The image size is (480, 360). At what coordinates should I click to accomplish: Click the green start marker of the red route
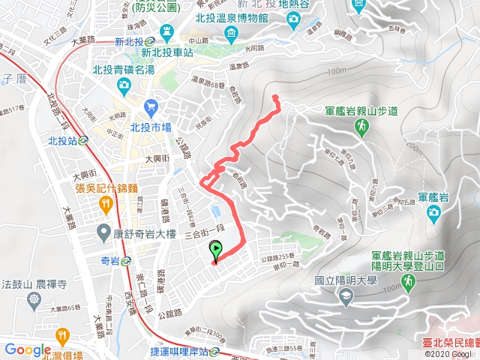(x=216, y=250)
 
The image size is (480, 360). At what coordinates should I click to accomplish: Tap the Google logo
(x=27, y=349)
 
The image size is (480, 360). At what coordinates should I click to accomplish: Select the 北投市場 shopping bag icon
(x=150, y=107)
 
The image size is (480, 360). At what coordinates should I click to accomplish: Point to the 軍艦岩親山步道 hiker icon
(x=361, y=129)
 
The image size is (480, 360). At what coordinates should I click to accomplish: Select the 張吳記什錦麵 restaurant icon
(x=105, y=204)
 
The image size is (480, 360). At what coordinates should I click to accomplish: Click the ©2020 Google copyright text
(x=447, y=354)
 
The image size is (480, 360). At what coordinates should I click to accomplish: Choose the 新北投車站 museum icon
(x=166, y=32)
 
